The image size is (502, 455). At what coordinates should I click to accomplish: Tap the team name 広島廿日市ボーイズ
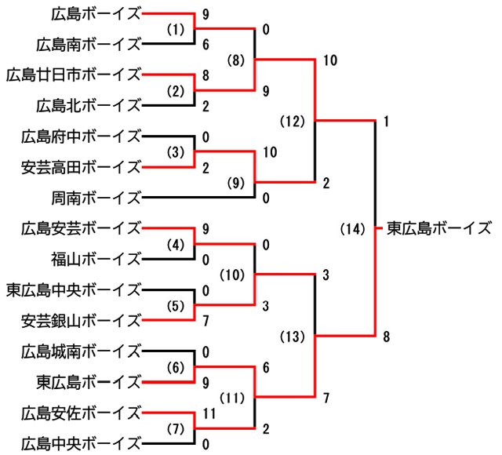pyautogui.click(x=74, y=75)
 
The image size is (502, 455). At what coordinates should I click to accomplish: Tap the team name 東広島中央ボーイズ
pyautogui.click(x=74, y=289)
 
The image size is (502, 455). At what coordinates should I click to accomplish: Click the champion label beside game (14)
pyautogui.click(x=439, y=228)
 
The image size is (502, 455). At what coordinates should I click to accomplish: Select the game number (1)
pyautogui.click(x=175, y=29)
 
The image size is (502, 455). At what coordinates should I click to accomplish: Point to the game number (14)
pyautogui.click(x=354, y=229)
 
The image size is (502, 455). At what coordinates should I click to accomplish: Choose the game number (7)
pyautogui.click(x=175, y=428)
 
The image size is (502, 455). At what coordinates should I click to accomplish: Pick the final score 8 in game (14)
pyautogui.click(x=386, y=337)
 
